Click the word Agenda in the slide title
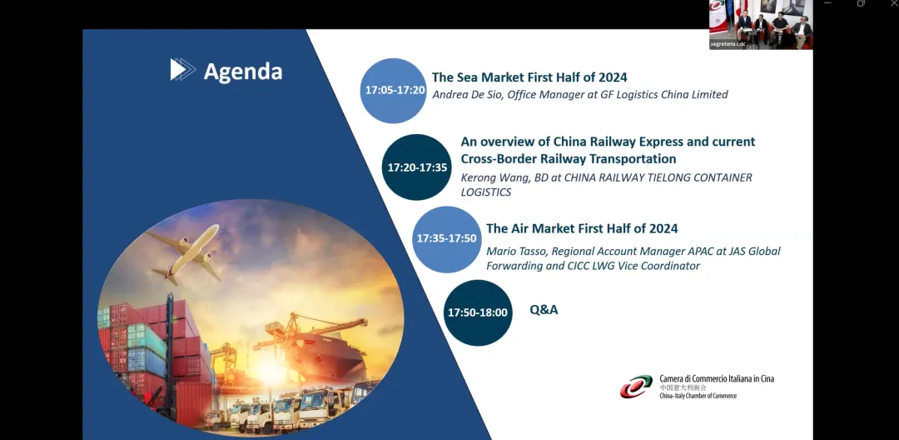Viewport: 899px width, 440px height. click(243, 72)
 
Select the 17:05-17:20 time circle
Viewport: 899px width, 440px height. click(393, 90)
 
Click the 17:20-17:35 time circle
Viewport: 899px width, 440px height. click(417, 167)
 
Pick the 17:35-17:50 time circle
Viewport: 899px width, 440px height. click(447, 238)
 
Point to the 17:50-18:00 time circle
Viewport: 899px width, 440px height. click(478, 312)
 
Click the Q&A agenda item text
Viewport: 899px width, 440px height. click(544, 310)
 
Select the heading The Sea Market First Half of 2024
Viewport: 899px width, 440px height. click(529, 77)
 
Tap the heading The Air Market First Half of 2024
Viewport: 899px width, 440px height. click(582, 228)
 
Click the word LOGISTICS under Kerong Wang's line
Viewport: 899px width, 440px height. click(485, 192)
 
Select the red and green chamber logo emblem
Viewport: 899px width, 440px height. click(636, 387)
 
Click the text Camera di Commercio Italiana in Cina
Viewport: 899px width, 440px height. click(717, 378)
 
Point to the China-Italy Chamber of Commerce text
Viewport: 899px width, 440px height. click(698, 397)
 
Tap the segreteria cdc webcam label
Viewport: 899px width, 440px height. click(728, 44)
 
